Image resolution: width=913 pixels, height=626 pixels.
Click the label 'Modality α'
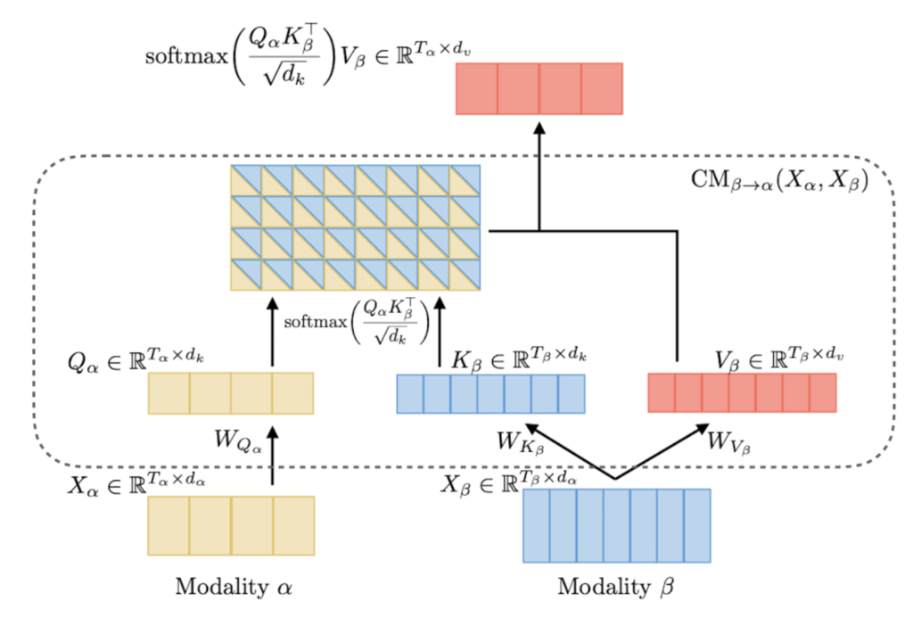(x=234, y=588)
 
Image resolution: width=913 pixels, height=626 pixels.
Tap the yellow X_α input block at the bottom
(x=231, y=526)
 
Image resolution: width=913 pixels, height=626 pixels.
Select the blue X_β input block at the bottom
(x=616, y=525)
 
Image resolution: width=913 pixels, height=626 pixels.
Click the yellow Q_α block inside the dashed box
(x=230, y=393)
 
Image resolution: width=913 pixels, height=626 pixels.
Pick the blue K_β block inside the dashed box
(x=490, y=393)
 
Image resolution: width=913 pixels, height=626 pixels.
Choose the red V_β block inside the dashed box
(x=742, y=392)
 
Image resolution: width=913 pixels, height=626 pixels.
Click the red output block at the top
(x=539, y=88)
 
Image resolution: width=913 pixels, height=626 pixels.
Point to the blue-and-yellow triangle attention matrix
(x=355, y=227)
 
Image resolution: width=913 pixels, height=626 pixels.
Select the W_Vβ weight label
(x=728, y=441)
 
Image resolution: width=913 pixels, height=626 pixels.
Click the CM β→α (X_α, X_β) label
(x=792, y=178)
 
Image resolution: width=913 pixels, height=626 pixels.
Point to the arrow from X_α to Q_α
(x=273, y=455)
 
